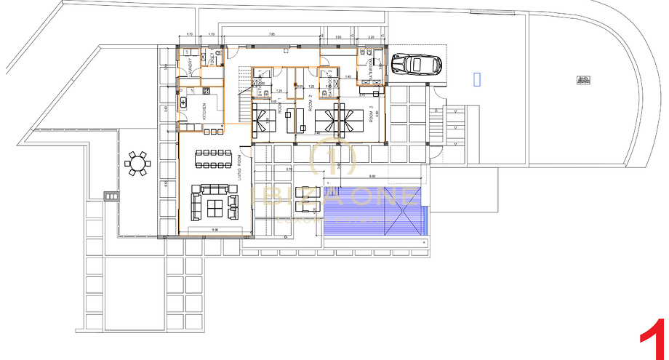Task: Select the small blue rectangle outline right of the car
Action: [477, 79]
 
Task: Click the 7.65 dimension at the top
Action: [271, 34]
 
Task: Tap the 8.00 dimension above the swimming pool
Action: [372, 177]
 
